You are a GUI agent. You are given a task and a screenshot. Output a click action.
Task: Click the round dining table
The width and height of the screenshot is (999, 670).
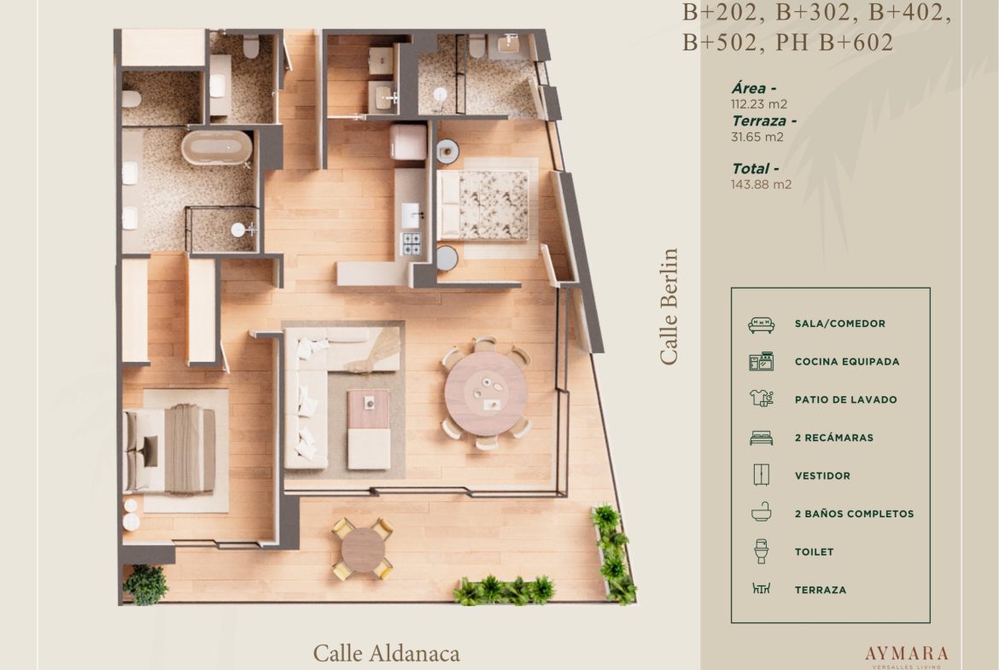486,393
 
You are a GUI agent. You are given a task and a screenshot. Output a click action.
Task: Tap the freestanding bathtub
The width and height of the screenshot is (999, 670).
217,147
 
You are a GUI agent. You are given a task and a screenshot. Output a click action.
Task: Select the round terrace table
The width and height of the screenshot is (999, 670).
363,548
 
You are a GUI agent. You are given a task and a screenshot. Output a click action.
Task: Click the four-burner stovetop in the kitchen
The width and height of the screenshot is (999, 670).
411,243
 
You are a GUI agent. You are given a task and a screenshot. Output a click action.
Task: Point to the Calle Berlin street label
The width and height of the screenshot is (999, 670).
669,306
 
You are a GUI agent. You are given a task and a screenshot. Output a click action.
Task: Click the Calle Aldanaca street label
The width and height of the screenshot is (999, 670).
386,653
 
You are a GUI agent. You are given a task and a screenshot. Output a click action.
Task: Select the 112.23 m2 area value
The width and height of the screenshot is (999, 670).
759,104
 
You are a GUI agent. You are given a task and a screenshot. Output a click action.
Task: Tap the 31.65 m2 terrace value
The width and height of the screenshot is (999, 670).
757,137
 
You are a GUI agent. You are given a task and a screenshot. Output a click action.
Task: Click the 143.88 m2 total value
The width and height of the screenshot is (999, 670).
761,184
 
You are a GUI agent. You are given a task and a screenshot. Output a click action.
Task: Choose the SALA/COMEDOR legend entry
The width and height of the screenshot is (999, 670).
839,323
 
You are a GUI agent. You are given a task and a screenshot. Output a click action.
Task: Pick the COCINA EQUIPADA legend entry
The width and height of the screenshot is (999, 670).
847,362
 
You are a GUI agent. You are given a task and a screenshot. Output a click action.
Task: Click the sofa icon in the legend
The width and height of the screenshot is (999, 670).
762,325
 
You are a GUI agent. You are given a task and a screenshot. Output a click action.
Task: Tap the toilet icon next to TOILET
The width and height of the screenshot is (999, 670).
761,551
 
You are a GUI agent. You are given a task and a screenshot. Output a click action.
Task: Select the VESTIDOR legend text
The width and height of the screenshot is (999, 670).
822,475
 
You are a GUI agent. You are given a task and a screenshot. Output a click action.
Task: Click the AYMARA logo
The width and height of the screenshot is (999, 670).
907,654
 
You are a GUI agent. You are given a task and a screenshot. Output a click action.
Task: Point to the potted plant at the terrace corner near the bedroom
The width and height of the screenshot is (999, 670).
147,584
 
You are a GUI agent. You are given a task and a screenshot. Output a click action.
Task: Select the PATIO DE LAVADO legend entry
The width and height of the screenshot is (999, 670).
845,400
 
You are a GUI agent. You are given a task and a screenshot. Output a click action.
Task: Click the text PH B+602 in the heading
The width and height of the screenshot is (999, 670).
834,42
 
